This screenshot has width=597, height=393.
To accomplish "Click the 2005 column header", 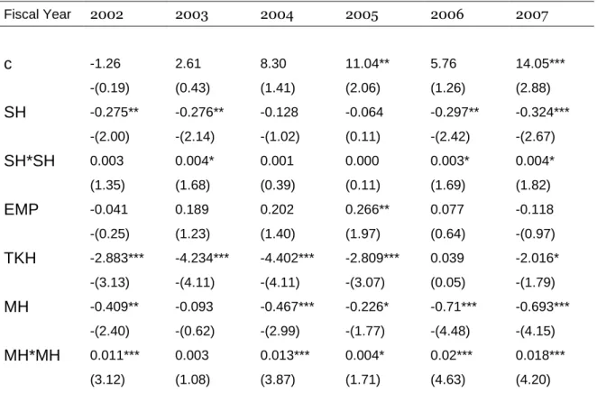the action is pyautogui.click(x=362, y=14).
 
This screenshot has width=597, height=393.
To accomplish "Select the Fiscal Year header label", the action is pyautogui.click(x=37, y=14).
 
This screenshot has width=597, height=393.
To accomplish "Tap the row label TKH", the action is pyautogui.click(x=20, y=258).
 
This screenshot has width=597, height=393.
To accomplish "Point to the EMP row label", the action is pyautogui.click(x=22, y=209).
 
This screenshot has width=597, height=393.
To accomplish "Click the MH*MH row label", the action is pyautogui.click(x=32, y=355).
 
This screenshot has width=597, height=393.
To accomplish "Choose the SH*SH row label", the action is pyautogui.click(x=30, y=160).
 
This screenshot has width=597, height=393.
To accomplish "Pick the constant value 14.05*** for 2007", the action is pyautogui.click(x=540, y=63).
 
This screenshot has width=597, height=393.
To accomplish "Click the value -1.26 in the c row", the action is pyautogui.click(x=106, y=63).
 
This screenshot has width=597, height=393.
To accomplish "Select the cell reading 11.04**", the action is pyautogui.click(x=367, y=63).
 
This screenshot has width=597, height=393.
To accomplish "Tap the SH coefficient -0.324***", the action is pyautogui.click(x=543, y=112).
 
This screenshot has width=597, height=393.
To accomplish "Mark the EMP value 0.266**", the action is pyautogui.click(x=367, y=209).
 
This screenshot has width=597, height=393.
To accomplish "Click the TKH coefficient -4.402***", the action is pyautogui.click(x=287, y=258).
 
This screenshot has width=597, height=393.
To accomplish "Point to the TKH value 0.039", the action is pyautogui.click(x=447, y=258).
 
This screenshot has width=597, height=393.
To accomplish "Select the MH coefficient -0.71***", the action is pyautogui.click(x=454, y=306).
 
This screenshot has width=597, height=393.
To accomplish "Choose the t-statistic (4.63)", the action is pyautogui.click(x=447, y=379).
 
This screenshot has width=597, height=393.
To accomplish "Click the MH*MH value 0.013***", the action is pyautogui.click(x=285, y=355).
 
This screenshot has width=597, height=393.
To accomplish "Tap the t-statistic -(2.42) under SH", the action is pyautogui.click(x=450, y=136).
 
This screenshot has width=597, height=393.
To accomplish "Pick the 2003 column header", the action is pyautogui.click(x=191, y=14).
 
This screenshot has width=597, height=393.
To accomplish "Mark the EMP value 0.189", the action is pyautogui.click(x=192, y=209).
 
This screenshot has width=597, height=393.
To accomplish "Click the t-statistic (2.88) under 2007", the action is pyautogui.click(x=533, y=87).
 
